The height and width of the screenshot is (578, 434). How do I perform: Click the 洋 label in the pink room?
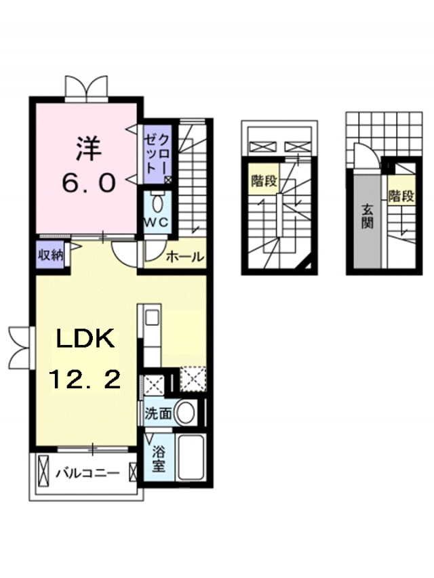[89, 148]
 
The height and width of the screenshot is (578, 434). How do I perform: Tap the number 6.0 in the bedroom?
[89, 183]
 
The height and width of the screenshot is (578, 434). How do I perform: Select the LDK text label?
[85, 340]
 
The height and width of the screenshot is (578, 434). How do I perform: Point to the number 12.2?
[85, 379]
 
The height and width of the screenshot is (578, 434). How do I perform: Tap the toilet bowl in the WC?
[157, 203]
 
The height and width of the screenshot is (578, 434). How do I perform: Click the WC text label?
[157, 222]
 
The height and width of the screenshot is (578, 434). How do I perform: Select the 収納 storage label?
[51, 255]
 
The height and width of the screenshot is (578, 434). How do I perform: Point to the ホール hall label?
[185, 257]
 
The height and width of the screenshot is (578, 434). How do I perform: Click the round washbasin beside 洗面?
[185, 413]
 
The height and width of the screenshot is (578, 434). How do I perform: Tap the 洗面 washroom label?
[159, 413]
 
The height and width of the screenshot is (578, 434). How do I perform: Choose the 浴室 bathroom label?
[159, 459]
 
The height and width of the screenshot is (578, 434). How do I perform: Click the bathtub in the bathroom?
[191, 457]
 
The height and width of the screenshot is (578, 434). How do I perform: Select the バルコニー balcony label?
[88, 472]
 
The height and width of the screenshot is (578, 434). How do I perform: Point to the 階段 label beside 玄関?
[401, 195]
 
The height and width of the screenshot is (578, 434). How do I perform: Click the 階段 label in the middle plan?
[264, 181]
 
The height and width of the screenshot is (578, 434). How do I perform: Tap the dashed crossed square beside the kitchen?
[193, 379]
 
